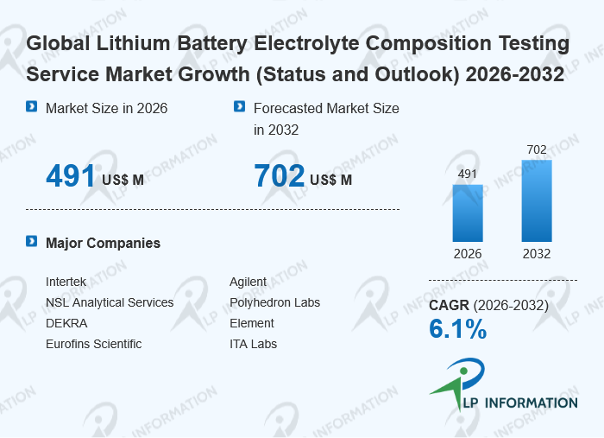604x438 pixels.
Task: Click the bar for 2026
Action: tap(468, 213)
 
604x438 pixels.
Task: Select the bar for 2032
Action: tap(536, 200)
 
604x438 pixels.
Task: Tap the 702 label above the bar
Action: tap(536, 150)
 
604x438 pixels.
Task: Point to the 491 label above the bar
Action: tap(468, 174)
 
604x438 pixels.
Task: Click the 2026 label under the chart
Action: tap(468, 254)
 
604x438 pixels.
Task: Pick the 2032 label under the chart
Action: tap(536, 254)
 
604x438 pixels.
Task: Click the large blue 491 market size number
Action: tap(70, 176)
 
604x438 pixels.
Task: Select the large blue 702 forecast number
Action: tap(279, 176)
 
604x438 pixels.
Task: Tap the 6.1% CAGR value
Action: tap(457, 329)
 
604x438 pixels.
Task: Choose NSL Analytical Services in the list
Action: tap(110, 303)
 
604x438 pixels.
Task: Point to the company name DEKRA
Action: tap(66, 324)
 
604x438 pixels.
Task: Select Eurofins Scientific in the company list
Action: tap(93, 345)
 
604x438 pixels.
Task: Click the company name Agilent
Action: tap(249, 282)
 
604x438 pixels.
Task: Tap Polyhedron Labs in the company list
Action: tap(274, 303)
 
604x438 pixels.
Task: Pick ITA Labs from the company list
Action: tap(253, 345)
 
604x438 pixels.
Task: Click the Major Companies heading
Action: tap(103, 244)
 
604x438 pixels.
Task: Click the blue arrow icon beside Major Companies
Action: tap(32, 242)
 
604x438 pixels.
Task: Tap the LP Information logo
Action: tap(502, 386)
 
